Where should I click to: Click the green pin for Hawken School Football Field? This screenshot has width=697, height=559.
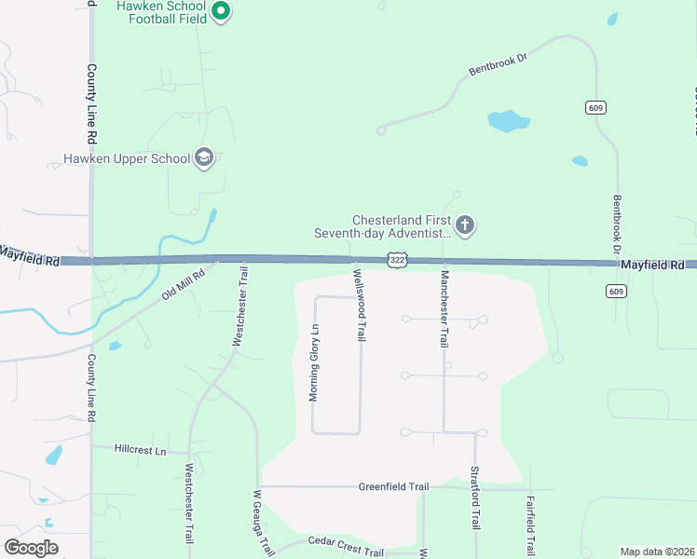[x=221, y=12]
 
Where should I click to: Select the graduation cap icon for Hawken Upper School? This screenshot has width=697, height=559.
[x=204, y=158]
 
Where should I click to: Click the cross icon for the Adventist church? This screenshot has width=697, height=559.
[x=465, y=225]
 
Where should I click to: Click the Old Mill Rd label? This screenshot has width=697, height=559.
[x=182, y=282]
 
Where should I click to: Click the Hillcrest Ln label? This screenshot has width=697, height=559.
[x=140, y=450]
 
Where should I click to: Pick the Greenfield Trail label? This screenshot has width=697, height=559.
[x=394, y=486]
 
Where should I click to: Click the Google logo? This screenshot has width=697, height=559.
[x=31, y=547]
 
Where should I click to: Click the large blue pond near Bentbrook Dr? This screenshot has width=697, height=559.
[x=509, y=121]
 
